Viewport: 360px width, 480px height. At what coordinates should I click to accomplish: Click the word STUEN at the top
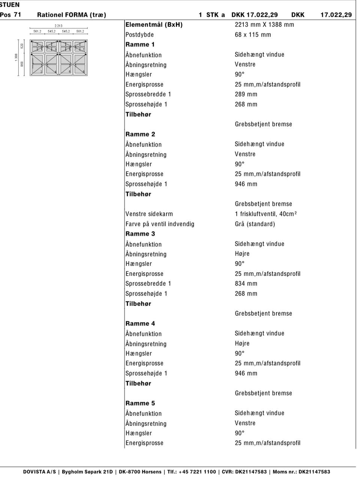(x=10, y=5)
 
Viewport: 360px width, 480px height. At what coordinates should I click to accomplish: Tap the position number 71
(x=17, y=15)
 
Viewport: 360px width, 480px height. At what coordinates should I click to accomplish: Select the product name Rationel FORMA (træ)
(x=72, y=15)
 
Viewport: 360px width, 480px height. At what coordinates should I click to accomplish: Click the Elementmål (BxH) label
(x=154, y=25)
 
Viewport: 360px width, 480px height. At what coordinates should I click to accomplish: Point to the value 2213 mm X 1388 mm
(x=264, y=25)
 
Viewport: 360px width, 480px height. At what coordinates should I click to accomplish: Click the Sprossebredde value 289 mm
(x=246, y=94)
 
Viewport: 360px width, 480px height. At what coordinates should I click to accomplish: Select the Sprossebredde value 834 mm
(x=246, y=283)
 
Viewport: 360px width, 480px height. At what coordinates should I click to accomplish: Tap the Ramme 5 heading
(x=140, y=403)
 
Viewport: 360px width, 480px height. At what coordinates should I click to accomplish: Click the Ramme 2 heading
(x=140, y=134)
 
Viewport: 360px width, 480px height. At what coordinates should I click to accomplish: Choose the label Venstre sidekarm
(x=149, y=214)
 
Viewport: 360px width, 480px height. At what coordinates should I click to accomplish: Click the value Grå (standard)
(x=255, y=224)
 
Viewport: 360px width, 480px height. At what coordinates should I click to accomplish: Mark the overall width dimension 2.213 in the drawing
(x=58, y=26)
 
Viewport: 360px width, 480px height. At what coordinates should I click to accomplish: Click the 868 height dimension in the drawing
(x=22, y=64)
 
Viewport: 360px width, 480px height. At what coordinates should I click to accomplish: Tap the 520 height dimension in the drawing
(x=22, y=46)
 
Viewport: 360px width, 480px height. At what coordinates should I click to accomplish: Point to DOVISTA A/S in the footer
(x=39, y=472)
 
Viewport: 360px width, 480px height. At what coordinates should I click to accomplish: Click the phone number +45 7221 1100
(x=197, y=472)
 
